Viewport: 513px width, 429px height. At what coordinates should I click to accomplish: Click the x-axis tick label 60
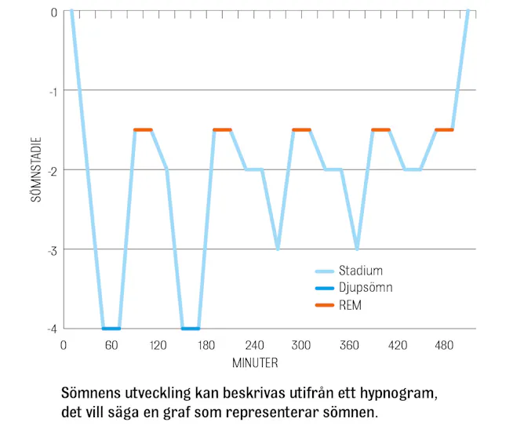[111, 344]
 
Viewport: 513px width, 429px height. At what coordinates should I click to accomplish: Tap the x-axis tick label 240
[254, 344]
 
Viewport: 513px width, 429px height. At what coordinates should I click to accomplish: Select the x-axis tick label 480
[445, 344]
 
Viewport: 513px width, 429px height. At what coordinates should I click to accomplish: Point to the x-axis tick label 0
[63, 344]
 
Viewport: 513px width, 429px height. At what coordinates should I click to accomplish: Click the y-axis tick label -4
[52, 329]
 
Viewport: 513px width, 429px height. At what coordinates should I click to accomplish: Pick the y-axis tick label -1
[52, 91]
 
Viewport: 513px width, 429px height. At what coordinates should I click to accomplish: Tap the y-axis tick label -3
[52, 249]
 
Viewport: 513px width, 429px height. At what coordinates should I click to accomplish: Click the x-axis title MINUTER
[255, 363]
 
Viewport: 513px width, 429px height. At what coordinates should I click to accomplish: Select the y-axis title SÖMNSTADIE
[37, 170]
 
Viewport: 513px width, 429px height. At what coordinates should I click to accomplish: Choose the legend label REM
[351, 305]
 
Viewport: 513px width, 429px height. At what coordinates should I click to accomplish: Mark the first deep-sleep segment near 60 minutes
[111, 329]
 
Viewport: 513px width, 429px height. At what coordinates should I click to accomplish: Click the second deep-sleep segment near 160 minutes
[191, 329]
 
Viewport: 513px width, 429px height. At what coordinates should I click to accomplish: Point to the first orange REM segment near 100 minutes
[143, 130]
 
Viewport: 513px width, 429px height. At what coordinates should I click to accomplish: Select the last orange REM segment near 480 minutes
[444, 130]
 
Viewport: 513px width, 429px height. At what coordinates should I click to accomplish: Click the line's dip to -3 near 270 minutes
[278, 249]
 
